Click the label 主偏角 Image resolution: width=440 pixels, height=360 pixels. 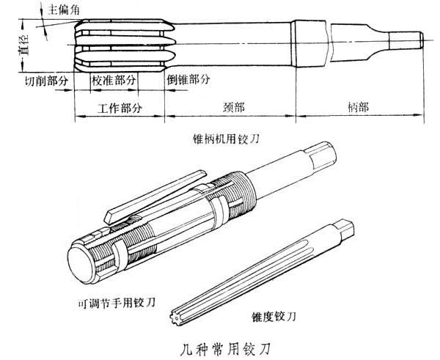pos(64,10)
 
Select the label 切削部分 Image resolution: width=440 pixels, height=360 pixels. pos(46,81)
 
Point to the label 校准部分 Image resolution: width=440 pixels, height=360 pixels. pos(114,81)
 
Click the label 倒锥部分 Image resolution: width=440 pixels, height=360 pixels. pos(188,80)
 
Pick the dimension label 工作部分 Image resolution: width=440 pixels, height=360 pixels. pos(120,108)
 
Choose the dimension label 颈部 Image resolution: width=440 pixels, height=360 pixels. pos(234,107)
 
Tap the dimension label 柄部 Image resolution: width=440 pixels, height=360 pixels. pos(359,106)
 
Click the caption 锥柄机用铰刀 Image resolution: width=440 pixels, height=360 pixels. pos(226,139)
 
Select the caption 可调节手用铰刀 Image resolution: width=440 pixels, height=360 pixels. pos(116,303)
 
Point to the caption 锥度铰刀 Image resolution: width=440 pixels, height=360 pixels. pos(274,317)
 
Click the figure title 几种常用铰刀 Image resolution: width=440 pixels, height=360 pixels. pos(225,348)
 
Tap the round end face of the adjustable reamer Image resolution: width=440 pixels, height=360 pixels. pos(81,265)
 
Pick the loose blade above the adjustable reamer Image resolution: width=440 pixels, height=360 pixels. pos(155,196)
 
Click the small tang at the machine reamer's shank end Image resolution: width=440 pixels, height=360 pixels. pos(406,40)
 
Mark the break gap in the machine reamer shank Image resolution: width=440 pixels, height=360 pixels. pos(329,42)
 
